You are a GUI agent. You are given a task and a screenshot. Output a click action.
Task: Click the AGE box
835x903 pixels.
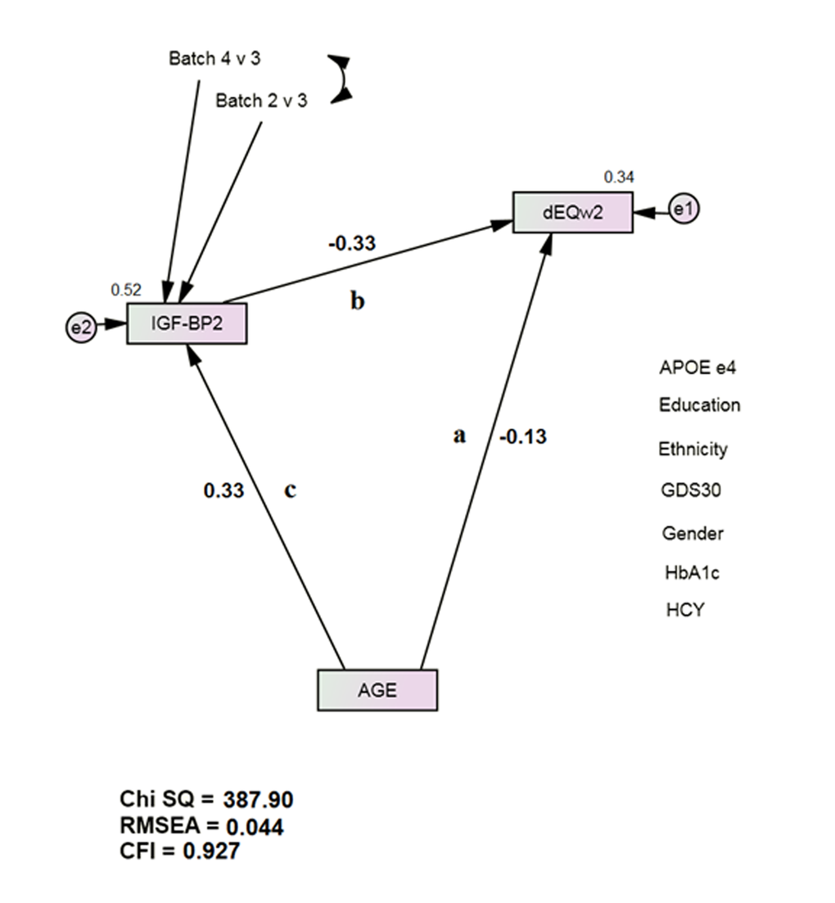point(377,690)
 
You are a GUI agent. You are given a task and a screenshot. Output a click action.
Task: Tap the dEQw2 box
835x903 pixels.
point(573,212)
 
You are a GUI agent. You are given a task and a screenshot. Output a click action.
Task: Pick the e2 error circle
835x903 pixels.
point(80,328)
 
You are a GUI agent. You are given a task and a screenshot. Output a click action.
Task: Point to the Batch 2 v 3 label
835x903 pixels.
point(261,102)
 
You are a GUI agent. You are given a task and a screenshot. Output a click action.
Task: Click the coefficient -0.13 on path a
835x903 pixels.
point(522,436)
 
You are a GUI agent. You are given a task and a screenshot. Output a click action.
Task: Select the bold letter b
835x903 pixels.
point(358,301)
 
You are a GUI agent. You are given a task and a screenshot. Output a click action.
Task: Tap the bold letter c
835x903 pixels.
point(289,490)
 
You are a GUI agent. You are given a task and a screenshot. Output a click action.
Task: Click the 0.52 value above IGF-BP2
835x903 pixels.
point(126,289)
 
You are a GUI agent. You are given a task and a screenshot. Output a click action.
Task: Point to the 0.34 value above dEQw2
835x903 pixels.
point(619,177)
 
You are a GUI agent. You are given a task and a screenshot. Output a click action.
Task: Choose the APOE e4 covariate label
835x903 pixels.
point(697,368)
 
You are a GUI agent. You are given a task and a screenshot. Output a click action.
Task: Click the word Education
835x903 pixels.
point(699,405)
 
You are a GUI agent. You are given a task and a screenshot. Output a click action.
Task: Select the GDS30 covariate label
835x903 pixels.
point(691,490)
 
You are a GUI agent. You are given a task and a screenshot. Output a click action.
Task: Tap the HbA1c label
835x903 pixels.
point(686,572)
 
